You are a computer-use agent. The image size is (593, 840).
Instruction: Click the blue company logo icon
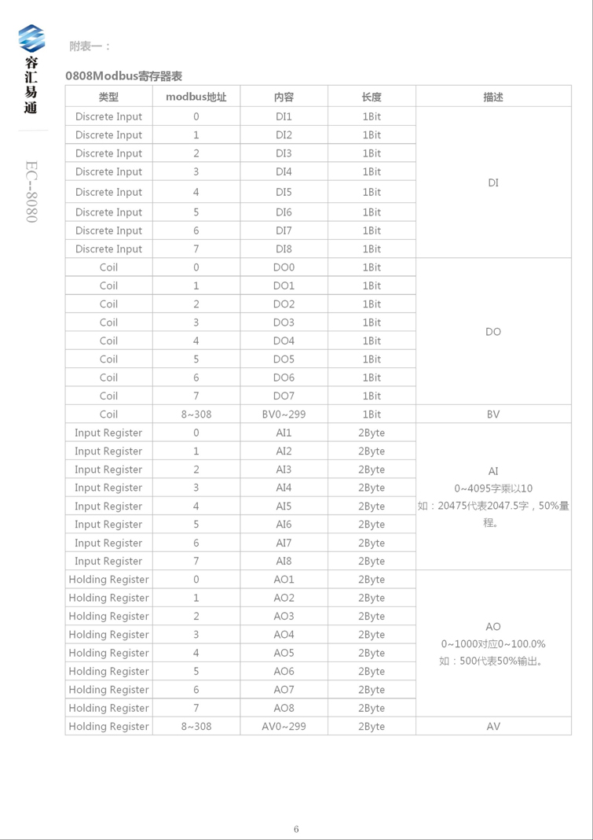[x=31, y=39]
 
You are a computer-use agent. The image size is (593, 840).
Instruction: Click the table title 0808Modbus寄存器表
[x=124, y=76]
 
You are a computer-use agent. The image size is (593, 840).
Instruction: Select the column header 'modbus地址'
[x=196, y=98]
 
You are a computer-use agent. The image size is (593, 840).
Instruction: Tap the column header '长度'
[x=372, y=98]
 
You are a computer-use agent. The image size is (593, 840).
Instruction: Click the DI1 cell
[x=284, y=116]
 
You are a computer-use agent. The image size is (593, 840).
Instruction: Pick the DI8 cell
[x=284, y=249]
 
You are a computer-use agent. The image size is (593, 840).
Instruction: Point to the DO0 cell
[x=284, y=267]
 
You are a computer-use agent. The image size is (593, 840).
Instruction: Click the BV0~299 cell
[x=284, y=414]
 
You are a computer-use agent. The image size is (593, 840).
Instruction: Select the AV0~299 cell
[x=284, y=727]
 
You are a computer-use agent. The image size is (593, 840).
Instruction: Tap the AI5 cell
[x=284, y=507]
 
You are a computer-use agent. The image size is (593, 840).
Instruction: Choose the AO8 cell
[x=284, y=708]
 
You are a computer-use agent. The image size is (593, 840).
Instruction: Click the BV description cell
[x=493, y=414]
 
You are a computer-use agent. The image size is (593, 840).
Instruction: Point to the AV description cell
[x=493, y=727]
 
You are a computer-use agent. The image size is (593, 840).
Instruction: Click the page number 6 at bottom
[x=296, y=828]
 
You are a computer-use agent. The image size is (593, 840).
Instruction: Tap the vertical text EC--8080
[x=31, y=192]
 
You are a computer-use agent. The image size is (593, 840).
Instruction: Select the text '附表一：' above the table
[x=90, y=46]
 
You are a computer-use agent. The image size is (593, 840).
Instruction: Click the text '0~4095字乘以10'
[x=493, y=488]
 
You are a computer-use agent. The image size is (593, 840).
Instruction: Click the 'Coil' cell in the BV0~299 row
[x=108, y=414]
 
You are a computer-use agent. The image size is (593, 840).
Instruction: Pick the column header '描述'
[x=493, y=98]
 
